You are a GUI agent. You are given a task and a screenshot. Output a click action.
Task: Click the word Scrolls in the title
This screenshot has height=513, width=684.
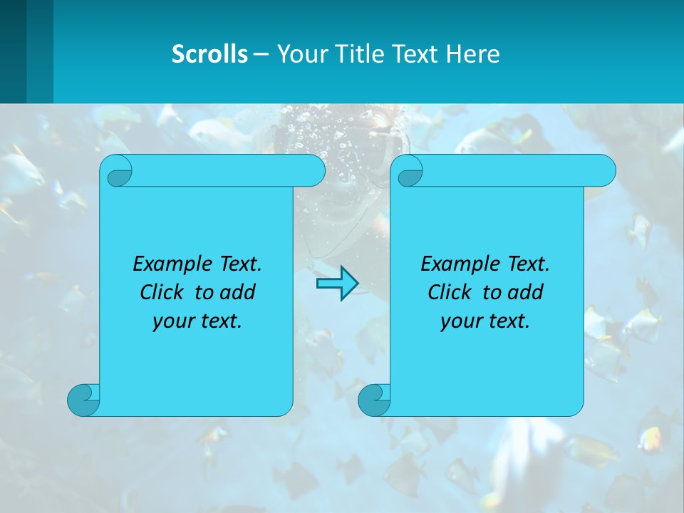point(209,54)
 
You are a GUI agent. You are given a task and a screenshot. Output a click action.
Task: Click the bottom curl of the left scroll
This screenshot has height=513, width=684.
point(83,400)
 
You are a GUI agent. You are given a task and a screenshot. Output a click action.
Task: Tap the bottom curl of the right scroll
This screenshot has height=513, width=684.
point(374,400)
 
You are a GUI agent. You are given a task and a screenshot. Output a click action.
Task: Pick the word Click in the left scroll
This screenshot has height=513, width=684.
point(162,292)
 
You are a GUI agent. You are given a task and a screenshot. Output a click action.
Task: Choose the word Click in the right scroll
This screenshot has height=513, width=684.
point(450,292)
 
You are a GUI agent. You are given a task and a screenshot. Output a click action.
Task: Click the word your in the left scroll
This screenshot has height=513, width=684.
point(172,321)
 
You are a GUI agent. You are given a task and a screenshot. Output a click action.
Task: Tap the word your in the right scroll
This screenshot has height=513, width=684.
point(460,321)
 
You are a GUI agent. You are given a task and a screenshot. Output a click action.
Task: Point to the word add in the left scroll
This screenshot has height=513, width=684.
point(238,292)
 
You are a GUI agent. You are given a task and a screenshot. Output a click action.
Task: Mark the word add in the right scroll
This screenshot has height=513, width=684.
point(526,292)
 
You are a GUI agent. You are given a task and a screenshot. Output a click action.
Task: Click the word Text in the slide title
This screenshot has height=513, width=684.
point(416,54)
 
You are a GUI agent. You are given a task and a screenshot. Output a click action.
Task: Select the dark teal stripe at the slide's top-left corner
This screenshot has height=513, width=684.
point(13,51)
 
